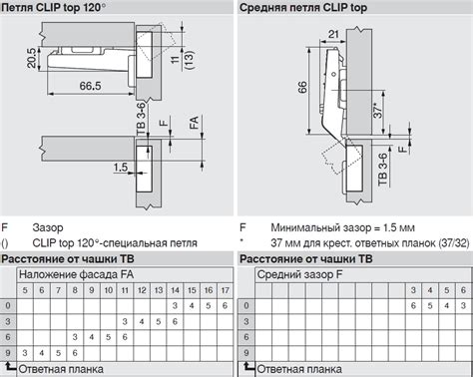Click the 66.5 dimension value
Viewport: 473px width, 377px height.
[x=90, y=86]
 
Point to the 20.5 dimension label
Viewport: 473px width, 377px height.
[x=32, y=58]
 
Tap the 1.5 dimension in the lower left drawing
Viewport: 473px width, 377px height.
[x=120, y=167]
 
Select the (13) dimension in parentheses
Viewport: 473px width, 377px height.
[x=189, y=60]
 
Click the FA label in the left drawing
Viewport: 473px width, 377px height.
[x=194, y=123]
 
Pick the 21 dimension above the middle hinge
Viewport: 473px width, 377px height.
[x=333, y=34]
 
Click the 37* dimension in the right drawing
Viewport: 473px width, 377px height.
[x=378, y=110]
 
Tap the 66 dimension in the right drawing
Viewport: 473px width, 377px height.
[x=302, y=87]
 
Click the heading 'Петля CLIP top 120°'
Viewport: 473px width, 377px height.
[x=53, y=7]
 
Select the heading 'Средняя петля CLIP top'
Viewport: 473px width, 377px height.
[x=303, y=7]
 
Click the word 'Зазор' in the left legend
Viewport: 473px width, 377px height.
[x=48, y=227]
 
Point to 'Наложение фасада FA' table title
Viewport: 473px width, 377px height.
[x=76, y=274]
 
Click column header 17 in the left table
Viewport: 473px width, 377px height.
[x=226, y=290]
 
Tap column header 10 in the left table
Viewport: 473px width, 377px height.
[x=109, y=290]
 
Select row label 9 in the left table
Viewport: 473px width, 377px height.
[x=8, y=352]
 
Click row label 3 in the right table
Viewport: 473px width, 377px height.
[x=246, y=321]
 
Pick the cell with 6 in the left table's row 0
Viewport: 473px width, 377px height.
[x=226, y=305]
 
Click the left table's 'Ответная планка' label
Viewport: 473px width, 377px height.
[x=61, y=369]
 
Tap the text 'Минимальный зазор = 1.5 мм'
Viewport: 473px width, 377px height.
[x=342, y=227]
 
